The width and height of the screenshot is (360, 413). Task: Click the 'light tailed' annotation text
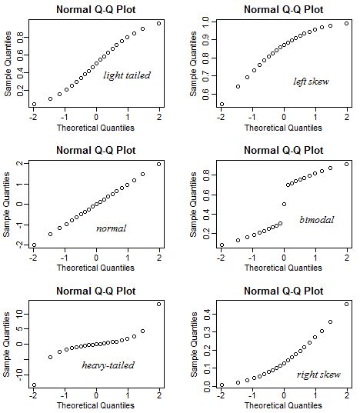tap(127, 75)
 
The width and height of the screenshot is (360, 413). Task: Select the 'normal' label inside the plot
tap(111, 228)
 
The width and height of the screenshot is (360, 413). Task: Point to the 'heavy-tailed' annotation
tap(108, 365)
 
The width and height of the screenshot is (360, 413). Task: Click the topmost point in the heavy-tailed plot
tap(158, 305)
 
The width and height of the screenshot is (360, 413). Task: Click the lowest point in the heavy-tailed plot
tap(34, 385)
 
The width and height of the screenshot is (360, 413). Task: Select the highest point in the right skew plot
tap(346, 305)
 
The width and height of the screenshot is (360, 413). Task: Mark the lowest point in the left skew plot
tap(222, 105)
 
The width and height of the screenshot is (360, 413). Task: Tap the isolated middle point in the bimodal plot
tap(284, 205)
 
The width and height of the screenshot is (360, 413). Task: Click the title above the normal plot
tap(96, 150)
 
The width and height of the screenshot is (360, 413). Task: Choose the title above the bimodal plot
tap(284, 150)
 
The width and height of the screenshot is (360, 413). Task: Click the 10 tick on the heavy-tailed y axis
tap(18, 314)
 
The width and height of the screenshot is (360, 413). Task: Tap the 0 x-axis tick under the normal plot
tap(96, 257)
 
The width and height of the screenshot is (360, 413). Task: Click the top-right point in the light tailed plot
tap(158, 23)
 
